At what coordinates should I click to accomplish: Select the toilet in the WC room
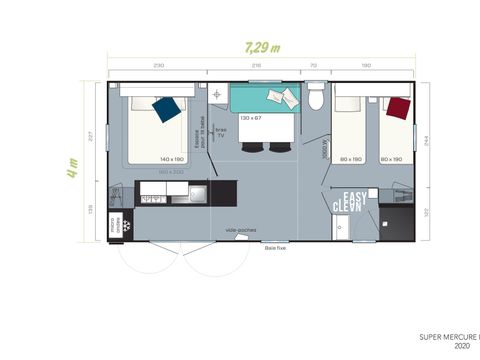[x=316, y=99]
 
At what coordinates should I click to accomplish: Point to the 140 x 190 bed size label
[x=171, y=158]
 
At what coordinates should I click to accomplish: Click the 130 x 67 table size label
[x=250, y=119]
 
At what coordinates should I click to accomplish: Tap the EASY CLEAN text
[x=352, y=201]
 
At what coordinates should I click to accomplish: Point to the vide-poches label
[x=240, y=230]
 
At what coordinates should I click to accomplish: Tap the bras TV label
[x=222, y=132]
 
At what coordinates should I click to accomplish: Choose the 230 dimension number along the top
[x=158, y=64]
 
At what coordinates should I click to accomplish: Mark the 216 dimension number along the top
[x=255, y=64]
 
